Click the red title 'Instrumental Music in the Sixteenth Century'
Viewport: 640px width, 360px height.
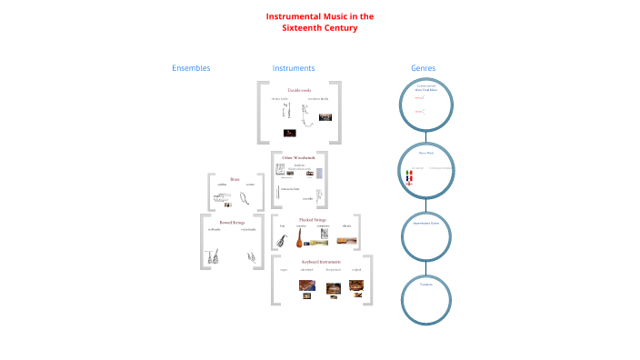tap(319, 22)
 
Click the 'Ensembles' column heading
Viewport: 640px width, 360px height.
tap(191, 68)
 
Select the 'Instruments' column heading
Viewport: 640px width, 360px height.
tap(294, 68)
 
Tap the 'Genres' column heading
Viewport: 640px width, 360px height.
tap(424, 68)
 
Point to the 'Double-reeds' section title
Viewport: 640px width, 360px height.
tap(299, 90)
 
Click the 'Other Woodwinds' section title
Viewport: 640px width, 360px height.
tap(299, 157)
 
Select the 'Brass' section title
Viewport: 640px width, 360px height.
tap(235, 179)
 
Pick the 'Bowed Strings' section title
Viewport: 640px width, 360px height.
tap(232, 222)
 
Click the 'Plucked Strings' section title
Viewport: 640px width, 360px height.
tap(312, 219)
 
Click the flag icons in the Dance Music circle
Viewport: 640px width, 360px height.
tap(409, 176)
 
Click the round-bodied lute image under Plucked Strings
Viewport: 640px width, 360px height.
tap(297, 238)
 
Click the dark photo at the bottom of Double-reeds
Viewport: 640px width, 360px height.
tap(288, 133)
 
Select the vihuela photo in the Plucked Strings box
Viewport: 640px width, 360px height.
tap(346, 241)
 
